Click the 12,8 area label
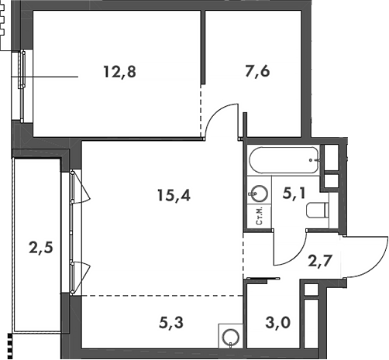[119, 72]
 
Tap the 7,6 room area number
[257, 71]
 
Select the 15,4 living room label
[174, 195]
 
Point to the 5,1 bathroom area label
[294, 193]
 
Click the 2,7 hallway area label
[320, 261]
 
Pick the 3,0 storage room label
[278, 323]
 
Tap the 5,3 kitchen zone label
[171, 323]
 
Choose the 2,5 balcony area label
[41, 248]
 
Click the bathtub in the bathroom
[284, 160]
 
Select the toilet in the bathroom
[318, 210]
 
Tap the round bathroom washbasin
[258, 194]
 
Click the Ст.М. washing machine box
[259, 216]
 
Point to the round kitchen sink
[231, 337]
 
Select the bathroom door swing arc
[297, 255]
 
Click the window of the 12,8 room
[22, 86]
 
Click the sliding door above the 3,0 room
[263, 279]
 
